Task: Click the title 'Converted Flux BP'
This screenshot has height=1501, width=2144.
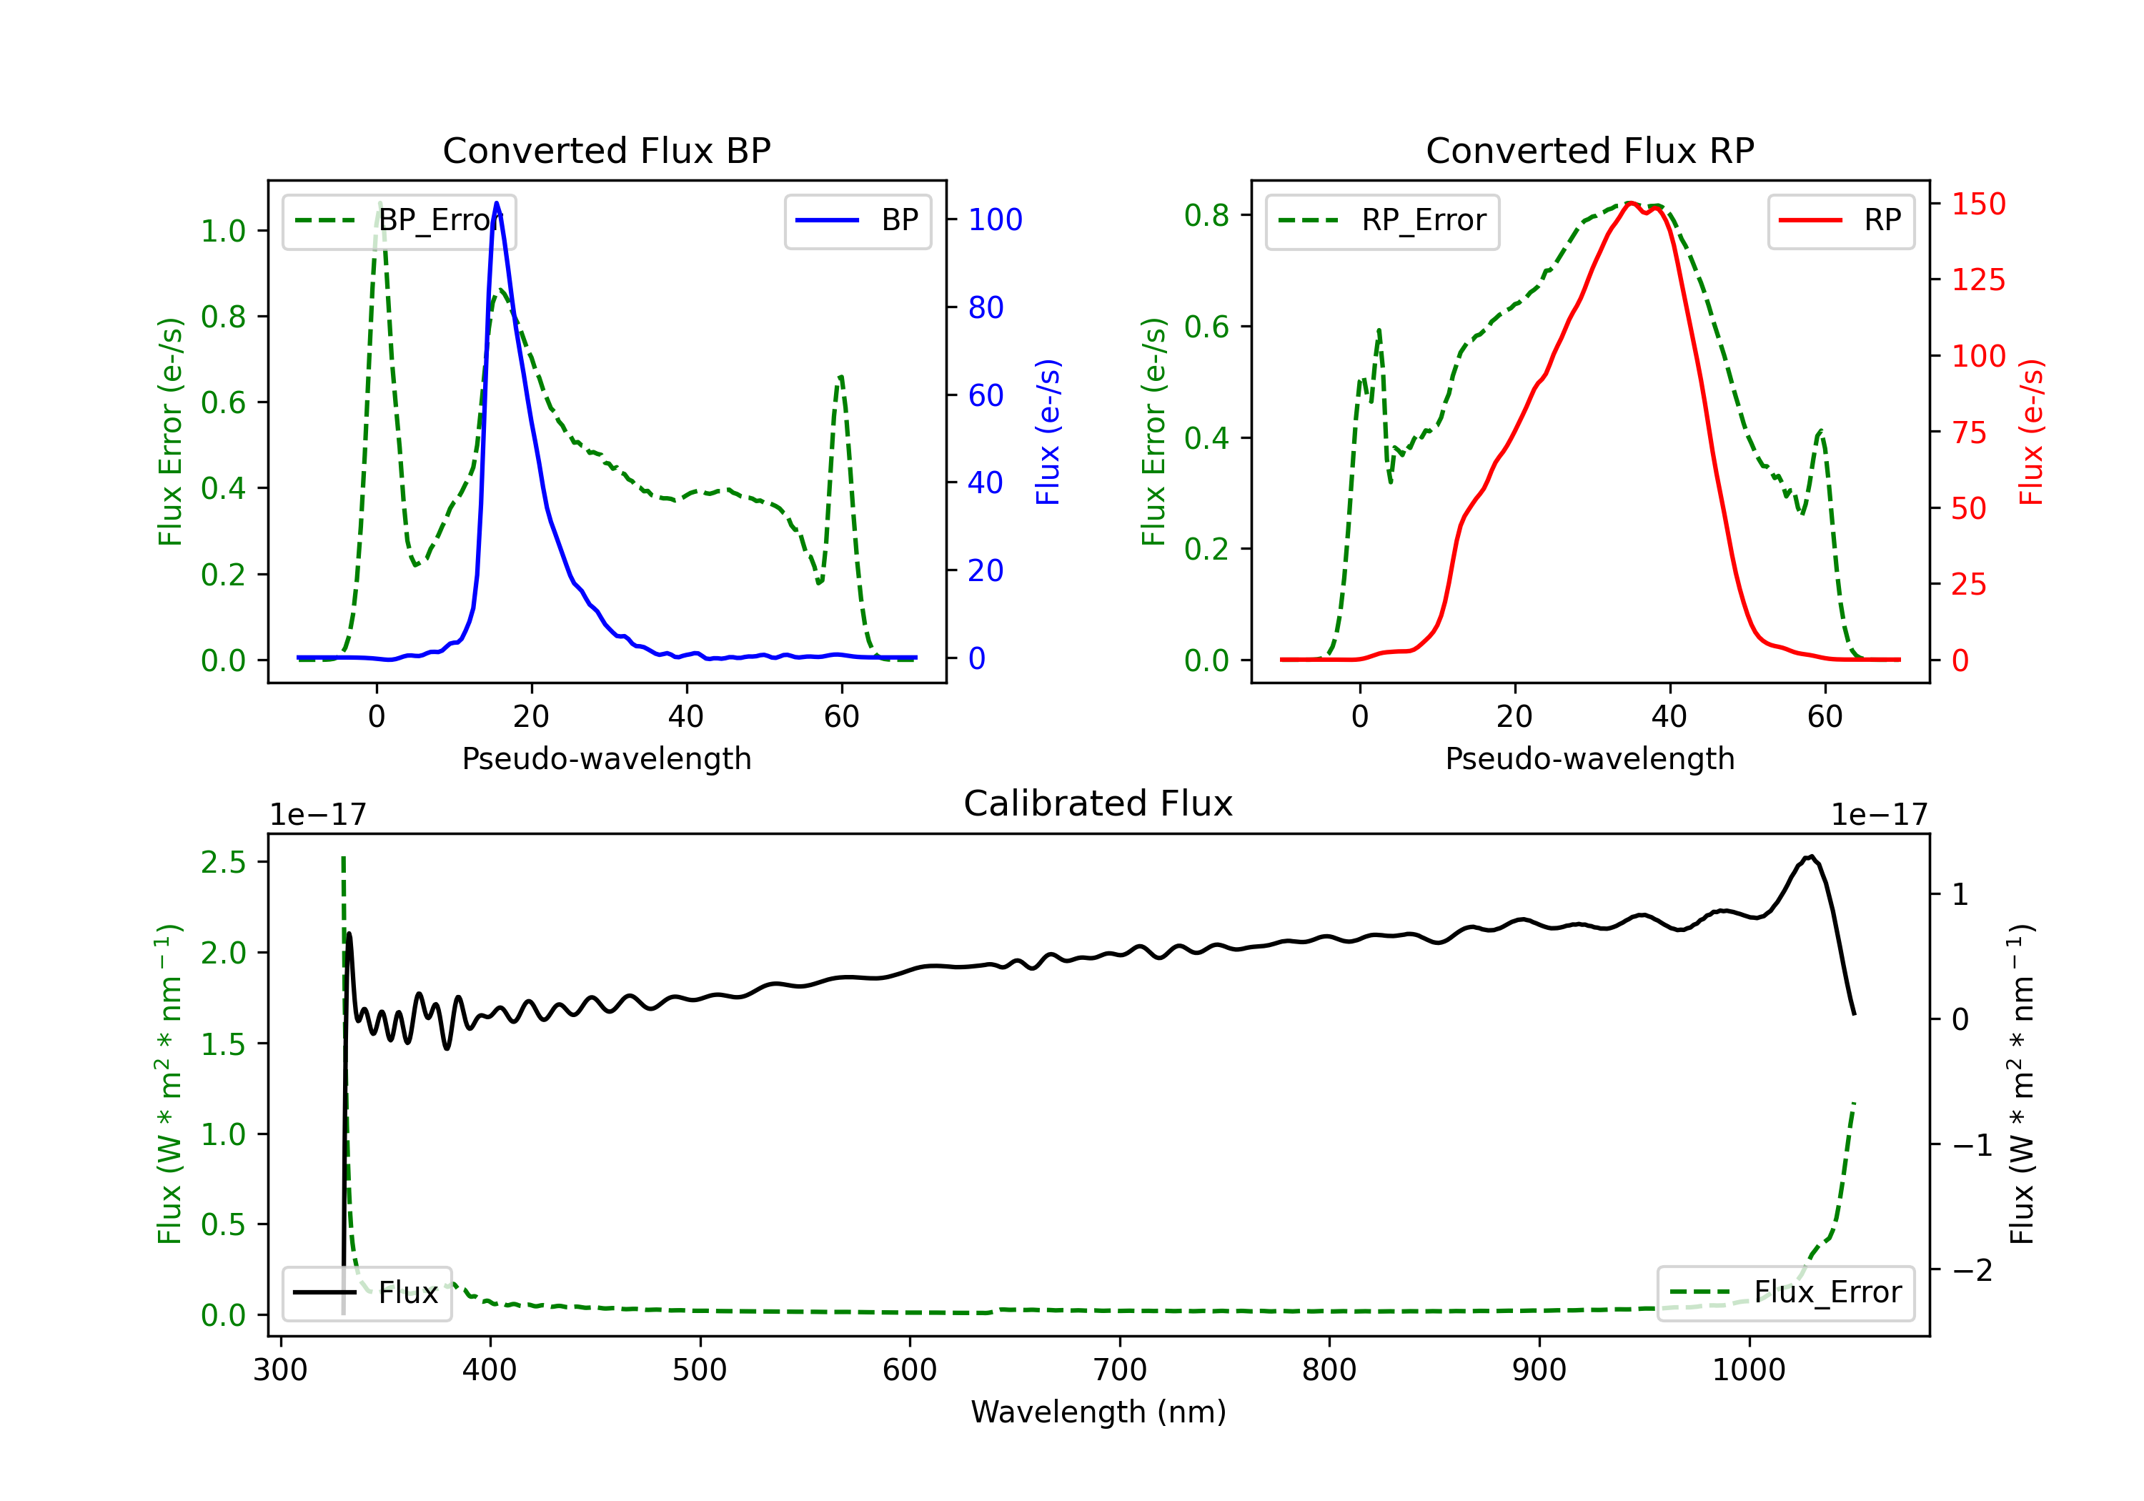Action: pyautogui.click(x=606, y=150)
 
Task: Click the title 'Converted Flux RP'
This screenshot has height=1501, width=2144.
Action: pyautogui.click(x=1589, y=150)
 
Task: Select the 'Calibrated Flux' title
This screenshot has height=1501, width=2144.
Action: pyautogui.click(x=1098, y=803)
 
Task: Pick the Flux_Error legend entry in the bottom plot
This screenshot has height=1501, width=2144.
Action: pyautogui.click(x=1785, y=1293)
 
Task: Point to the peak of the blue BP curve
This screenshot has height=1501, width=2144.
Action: pyautogui.click(x=497, y=203)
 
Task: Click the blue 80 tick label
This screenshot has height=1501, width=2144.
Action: pyautogui.click(x=985, y=307)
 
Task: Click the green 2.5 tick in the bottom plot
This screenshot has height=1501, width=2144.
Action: pyautogui.click(x=223, y=862)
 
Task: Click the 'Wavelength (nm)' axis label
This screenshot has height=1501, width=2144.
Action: pyautogui.click(x=1098, y=1412)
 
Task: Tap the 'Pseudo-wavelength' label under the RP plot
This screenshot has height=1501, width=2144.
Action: pyautogui.click(x=1589, y=758)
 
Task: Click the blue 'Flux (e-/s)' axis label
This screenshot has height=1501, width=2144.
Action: pyautogui.click(x=1048, y=432)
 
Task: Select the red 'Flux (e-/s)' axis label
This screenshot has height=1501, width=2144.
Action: pyautogui.click(x=2032, y=432)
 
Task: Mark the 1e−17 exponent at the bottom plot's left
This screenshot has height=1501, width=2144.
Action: pyautogui.click(x=317, y=816)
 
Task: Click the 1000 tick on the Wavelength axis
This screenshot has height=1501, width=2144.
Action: pyautogui.click(x=1748, y=1370)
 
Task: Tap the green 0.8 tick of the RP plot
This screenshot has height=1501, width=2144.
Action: pyautogui.click(x=1206, y=216)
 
